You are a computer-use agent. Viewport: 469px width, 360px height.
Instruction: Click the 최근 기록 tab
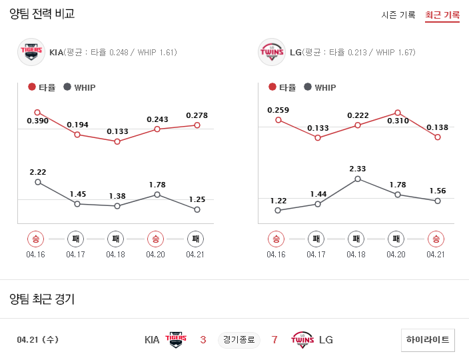click(x=442, y=15)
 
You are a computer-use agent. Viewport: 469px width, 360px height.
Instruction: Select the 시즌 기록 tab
click(x=398, y=15)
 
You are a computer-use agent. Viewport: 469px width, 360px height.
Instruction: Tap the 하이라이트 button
click(x=428, y=340)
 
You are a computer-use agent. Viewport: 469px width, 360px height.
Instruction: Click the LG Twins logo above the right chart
click(x=271, y=52)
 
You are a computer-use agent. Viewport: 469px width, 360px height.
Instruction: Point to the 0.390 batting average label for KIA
click(x=37, y=121)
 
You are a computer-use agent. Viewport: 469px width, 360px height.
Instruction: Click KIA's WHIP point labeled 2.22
click(x=37, y=181)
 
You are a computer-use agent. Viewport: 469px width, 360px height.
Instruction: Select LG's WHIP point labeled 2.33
click(x=358, y=179)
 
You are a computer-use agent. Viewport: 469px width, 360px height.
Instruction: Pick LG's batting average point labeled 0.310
click(x=398, y=113)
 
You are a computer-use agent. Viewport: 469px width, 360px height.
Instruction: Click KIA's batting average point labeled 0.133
click(x=117, y=141)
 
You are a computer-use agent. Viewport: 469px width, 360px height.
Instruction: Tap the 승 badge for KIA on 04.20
click(x=155, y=239)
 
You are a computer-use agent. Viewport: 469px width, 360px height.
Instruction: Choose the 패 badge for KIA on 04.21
click(x=195, y=239)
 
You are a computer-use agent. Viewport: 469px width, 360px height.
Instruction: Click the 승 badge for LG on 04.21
click(x=436, y=239)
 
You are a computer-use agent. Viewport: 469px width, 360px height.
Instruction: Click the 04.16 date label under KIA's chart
click(x=36, y=254)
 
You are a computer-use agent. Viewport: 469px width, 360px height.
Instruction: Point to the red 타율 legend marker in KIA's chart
click(x=32, y=87)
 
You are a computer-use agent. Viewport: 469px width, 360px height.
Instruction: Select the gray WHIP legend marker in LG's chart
click(x=307, y=87)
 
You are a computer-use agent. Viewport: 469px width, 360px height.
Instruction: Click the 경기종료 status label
click(x=238, y=340)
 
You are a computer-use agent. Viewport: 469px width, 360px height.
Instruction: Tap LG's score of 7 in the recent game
click(x=274, y=340)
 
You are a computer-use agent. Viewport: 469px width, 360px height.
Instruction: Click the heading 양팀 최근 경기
click(x=42, y=299)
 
